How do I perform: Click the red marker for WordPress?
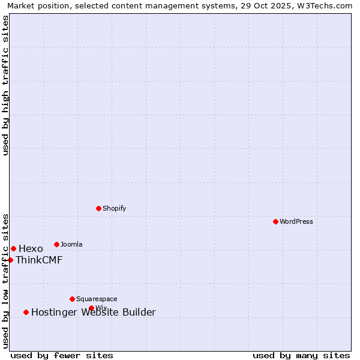click(275, 221)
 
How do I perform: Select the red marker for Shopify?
click(98, 208)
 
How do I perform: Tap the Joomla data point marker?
click(56, 244)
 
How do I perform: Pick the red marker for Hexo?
click(13, 248)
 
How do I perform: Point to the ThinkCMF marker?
click(10, 260)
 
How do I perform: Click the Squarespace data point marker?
click(72, 299)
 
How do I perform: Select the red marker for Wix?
click(91, 308)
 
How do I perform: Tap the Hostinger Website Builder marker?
click(26, 312)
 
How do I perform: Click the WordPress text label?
click(296, 221)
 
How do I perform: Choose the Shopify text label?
click(115, 208)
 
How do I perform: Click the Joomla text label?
click(71, 244)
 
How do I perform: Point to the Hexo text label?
click(31, 249)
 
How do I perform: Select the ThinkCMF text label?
click(39, 260)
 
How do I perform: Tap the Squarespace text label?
click(97, 299)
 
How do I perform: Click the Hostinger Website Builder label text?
click(94, 313)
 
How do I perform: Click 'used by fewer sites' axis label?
click(62, 355)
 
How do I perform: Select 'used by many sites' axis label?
click(301, 355)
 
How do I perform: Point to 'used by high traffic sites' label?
click(5, 85)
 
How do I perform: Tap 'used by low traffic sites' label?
click(5, 280)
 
